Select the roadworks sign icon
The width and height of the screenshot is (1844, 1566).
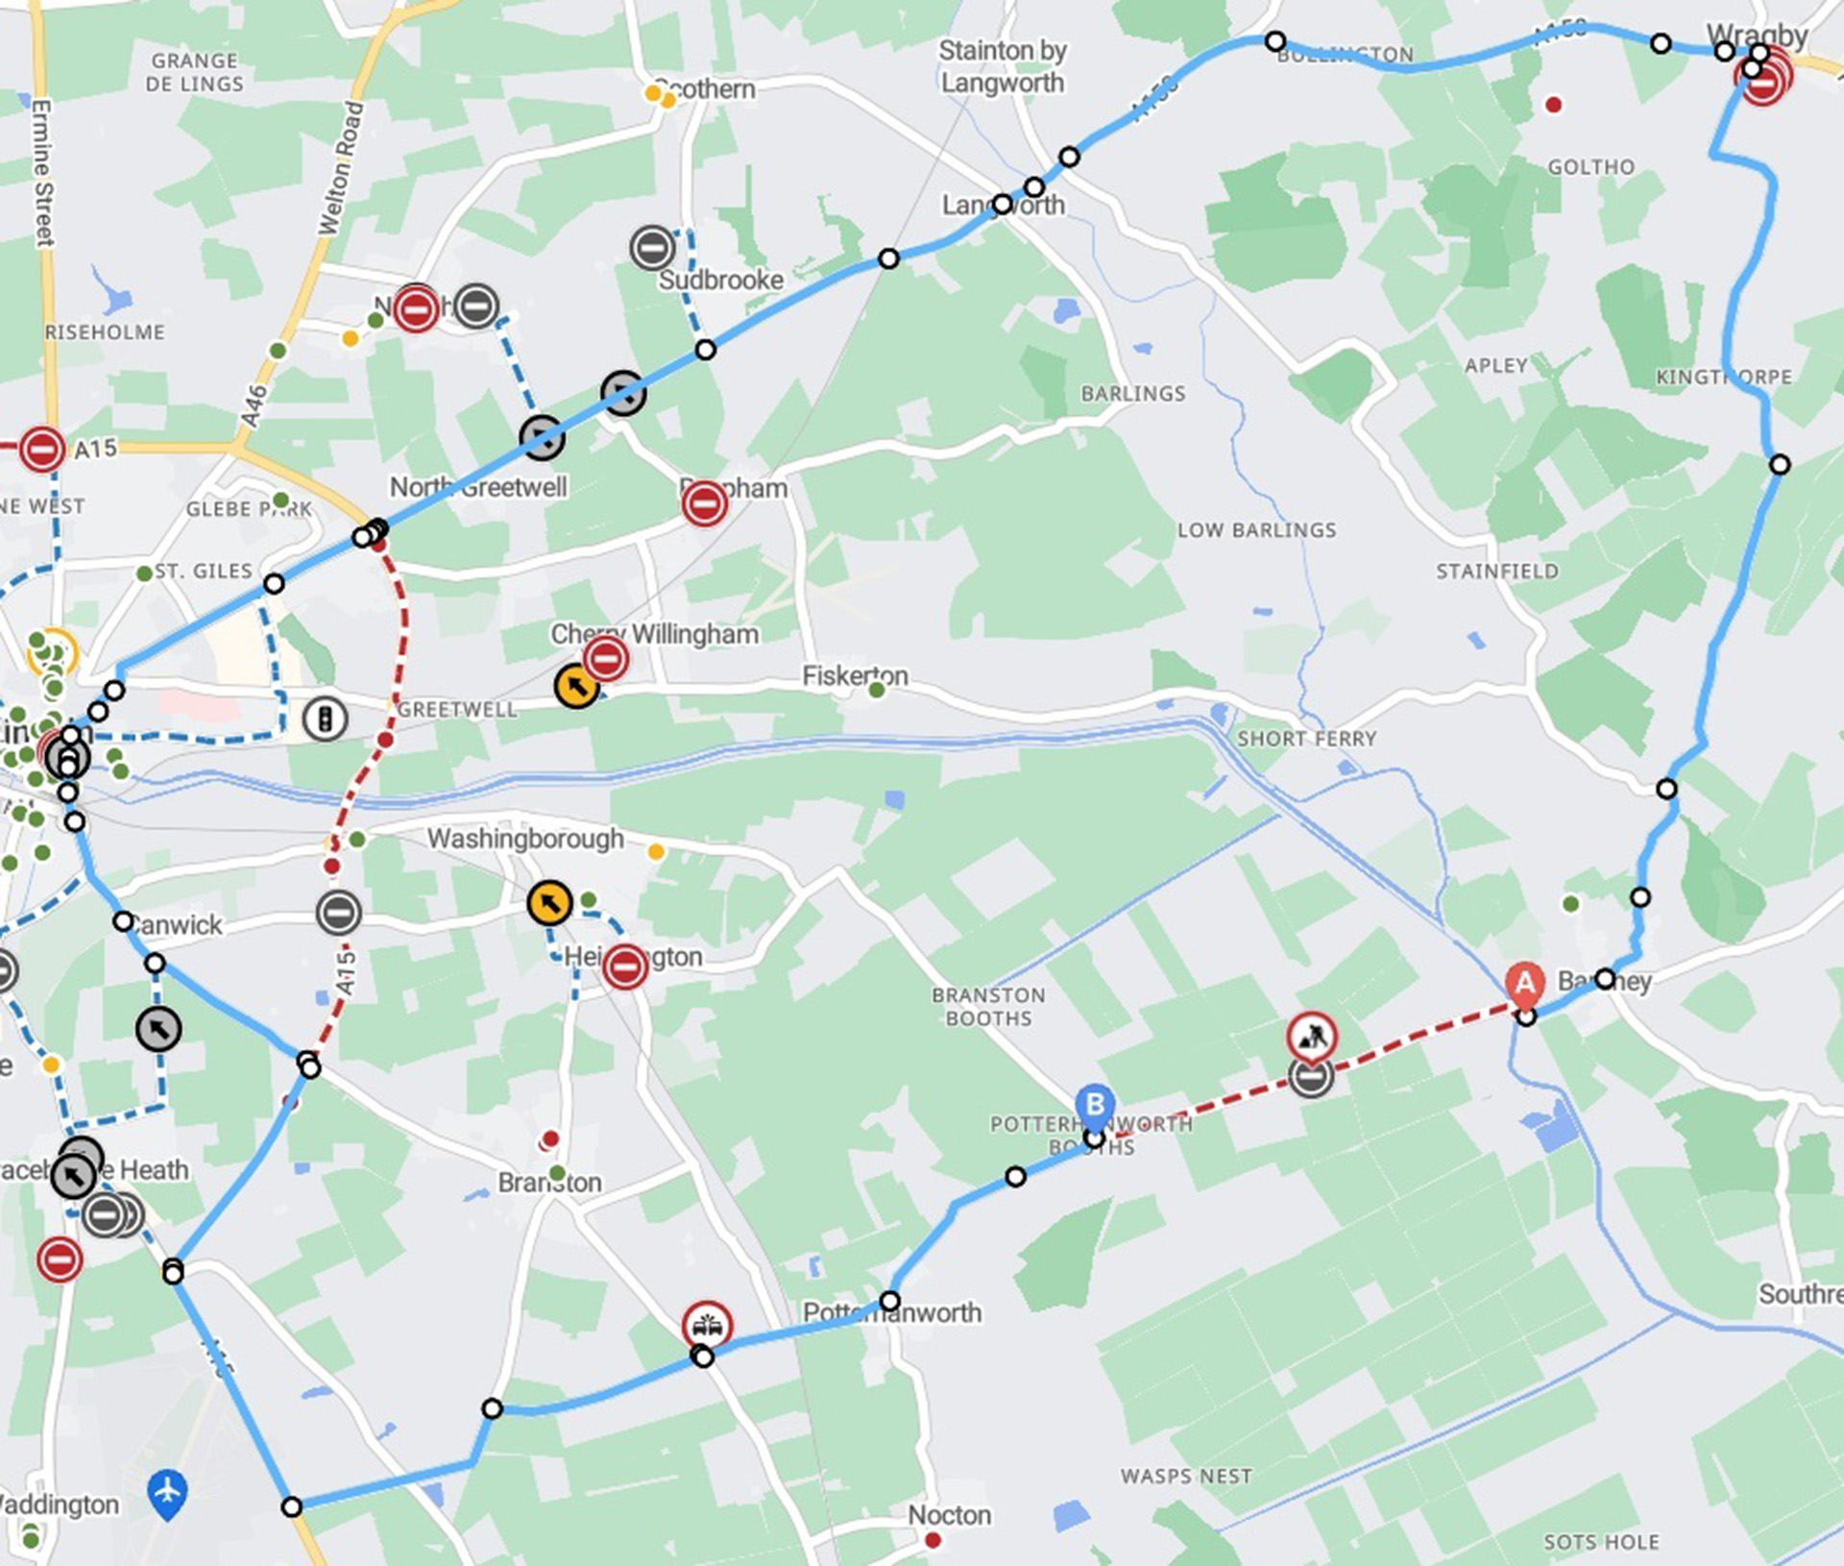tap(1312, 1037)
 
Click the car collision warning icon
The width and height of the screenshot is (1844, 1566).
tap(707, 1326)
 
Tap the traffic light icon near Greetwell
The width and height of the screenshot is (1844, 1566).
tap(325, 719)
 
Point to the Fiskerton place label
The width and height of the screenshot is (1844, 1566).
tap(855, 676)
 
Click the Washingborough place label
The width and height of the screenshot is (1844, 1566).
tap(525, 839)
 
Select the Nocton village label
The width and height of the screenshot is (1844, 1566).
tap(949, 1515)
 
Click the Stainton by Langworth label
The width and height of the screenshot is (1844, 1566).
tap(1002, 66)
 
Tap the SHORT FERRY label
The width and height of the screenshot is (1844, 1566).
tap(1306, 739)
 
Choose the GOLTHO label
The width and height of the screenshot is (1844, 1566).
tap(1590, 167)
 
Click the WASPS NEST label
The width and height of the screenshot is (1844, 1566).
tap(1186, 1477)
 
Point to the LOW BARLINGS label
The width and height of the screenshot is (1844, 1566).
tap(1256, 530)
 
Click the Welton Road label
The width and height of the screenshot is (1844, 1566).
tap(341, 168)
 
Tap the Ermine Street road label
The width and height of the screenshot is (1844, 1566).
tap(42, 173)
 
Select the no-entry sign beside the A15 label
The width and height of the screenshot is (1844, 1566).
tap(42, 449)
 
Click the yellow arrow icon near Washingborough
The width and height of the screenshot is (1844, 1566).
tap(549, 903)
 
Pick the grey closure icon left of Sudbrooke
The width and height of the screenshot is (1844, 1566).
tap(652, 248)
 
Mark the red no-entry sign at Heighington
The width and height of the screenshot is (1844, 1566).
tap(625, 967)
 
